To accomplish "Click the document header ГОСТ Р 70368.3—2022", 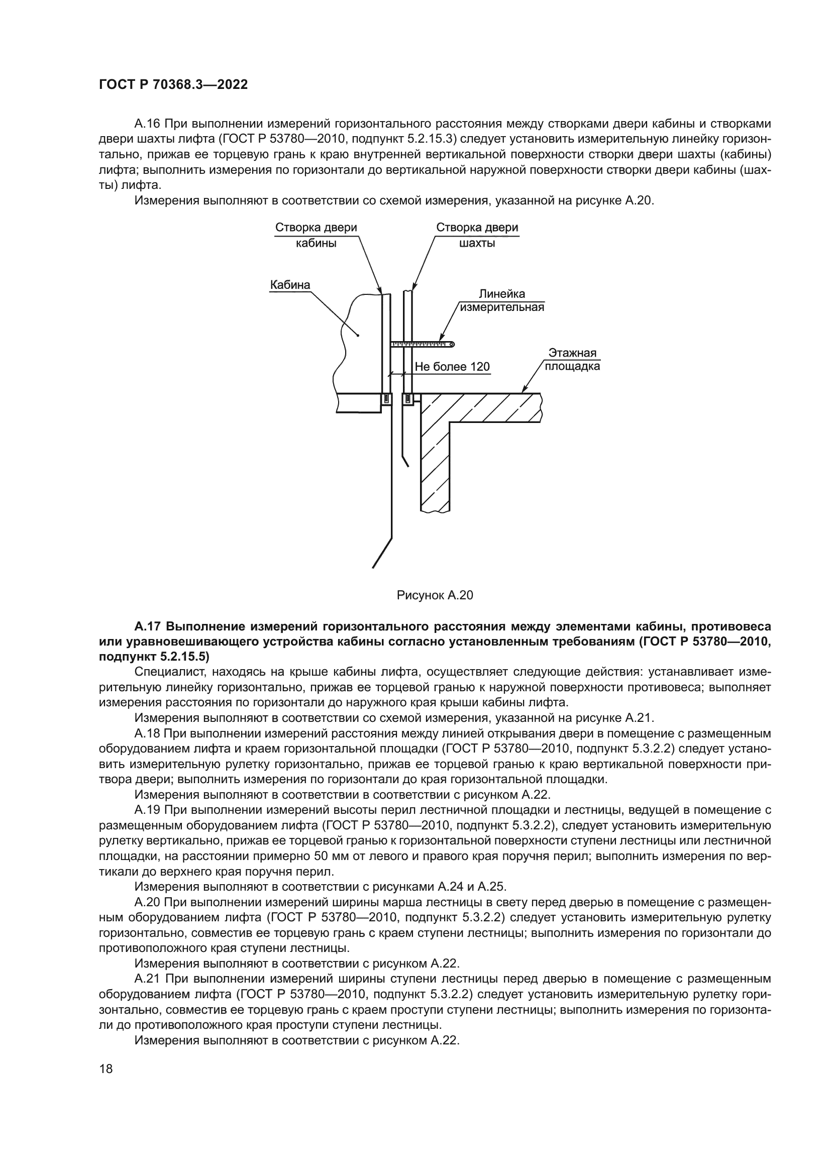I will click(173, 85).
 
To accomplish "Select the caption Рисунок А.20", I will click(435, 595).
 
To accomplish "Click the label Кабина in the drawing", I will click(290, 284).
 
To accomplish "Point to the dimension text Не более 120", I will click(452, 367).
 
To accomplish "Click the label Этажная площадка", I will click(572, 360).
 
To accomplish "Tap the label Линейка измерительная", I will click(501, 300).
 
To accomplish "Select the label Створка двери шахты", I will click(477, 235).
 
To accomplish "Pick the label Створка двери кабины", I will click(316, 235).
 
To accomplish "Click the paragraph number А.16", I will click(147, 124).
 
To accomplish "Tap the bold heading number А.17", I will click(148, 626).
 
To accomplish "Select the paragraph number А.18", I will click(147, 734).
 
